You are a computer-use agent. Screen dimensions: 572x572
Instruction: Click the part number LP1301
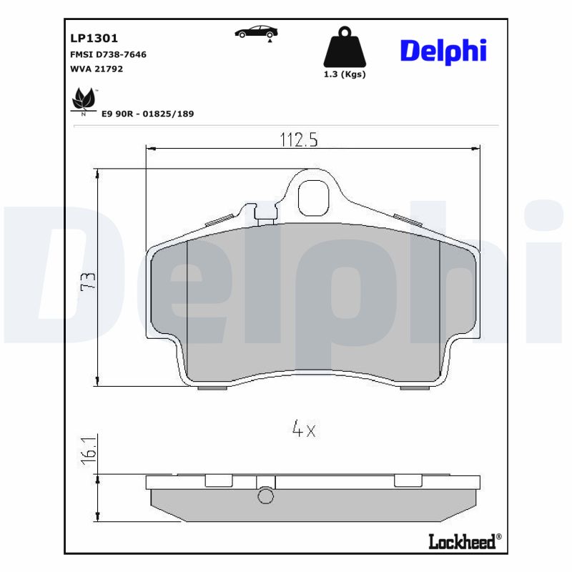pyautogui.click(x=94, y=39)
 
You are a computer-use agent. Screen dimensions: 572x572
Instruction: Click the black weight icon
pyautogui.click(x=345, y=48)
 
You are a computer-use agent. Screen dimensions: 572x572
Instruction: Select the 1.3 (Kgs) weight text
pyautogui.click(x=345, y=74)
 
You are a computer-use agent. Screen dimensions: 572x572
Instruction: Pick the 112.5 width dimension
pyautogui.click(x=298, y=140)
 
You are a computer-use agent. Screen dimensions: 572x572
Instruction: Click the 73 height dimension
pyautogui.click(x=88, y=281)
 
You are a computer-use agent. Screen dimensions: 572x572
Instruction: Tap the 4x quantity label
pyautogui.click(x=304, y=429)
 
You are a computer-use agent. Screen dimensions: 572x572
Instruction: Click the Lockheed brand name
pyautogui.click(x=461, y=542)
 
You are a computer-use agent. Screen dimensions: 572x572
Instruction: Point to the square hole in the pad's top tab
pyautogui.click(x=312, y=198)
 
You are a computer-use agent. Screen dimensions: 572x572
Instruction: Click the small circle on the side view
pyautogui.click(x=265, y=495)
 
